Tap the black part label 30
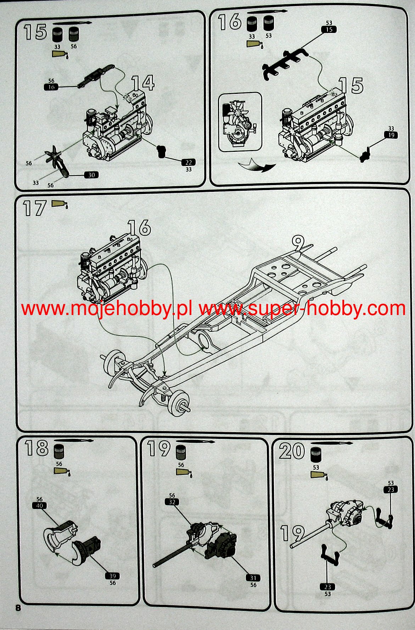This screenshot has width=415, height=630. tap(91, 175)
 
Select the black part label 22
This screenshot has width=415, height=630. tap(189, 162)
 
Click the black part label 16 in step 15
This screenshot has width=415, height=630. tap(51, 87)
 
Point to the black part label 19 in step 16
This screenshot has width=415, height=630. tap(391, 135)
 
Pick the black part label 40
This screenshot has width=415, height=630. tap(39, 505)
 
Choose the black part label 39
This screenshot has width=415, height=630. tap(112, 576)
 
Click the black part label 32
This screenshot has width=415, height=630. tap(172, 502)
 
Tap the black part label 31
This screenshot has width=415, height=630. tap(253, 578)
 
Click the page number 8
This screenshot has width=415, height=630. tap(18, 608)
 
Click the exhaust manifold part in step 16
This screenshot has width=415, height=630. tap(285, 65)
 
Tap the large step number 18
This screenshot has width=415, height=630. tap(37, 448)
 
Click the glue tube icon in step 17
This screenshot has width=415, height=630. tap(60, 204)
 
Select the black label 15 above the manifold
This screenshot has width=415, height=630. tap(329, 29)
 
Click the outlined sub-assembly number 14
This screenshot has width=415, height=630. tap(143, 83)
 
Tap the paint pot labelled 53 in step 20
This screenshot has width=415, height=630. tap(315, 455)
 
